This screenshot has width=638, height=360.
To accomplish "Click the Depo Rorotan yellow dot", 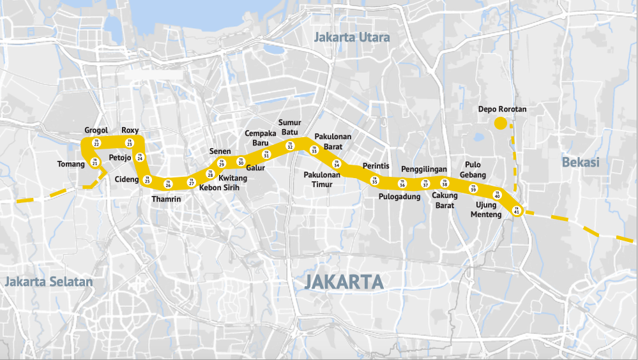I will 500,123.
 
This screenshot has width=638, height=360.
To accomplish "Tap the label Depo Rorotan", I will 502,109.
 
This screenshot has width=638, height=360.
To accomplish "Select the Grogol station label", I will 96,130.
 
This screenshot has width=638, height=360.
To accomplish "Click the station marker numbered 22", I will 96,143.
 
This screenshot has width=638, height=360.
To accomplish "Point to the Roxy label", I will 130,130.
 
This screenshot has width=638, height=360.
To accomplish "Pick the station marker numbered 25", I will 148,180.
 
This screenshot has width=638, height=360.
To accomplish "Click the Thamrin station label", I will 167,199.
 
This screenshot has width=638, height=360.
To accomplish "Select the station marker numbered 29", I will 222,163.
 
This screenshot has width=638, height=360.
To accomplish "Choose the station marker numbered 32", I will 290,146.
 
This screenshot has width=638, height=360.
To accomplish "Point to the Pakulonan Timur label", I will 323,179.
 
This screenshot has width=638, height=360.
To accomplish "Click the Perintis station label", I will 376,166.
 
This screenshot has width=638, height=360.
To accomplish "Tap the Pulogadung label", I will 400,197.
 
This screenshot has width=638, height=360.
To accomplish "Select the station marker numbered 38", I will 445,184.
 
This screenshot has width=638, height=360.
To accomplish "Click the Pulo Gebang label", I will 473,170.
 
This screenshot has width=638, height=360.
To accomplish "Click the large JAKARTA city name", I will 344,281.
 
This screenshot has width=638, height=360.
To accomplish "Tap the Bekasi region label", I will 581,162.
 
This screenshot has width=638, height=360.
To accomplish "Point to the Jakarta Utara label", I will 352,38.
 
